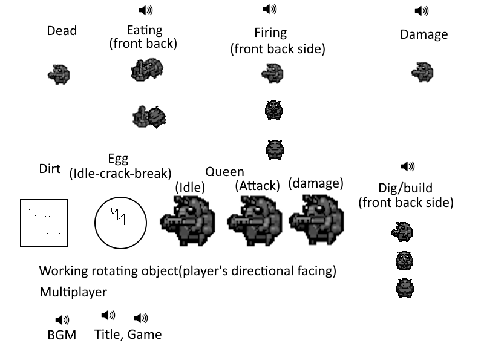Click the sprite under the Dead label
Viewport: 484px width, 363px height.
tap(59, 74)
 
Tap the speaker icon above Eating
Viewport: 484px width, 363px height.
tap(146, 10)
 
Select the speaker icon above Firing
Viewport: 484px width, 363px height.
tap(270, 9)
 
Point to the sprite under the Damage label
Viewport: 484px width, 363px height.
tap(422, 73)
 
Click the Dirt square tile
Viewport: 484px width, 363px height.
tap(45, 223)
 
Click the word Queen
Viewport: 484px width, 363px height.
tap(224, 172)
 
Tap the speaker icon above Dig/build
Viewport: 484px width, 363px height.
tap(408, 167)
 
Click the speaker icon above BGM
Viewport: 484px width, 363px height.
tap(62, 319)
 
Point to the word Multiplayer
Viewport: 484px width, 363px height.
tap(73, 292)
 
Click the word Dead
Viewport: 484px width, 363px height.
tap(62, 30)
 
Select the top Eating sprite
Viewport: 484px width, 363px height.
tap(146, 70)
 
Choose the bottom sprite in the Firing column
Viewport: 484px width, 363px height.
tap(275, 148)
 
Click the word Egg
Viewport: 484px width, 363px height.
tap(118, 159)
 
